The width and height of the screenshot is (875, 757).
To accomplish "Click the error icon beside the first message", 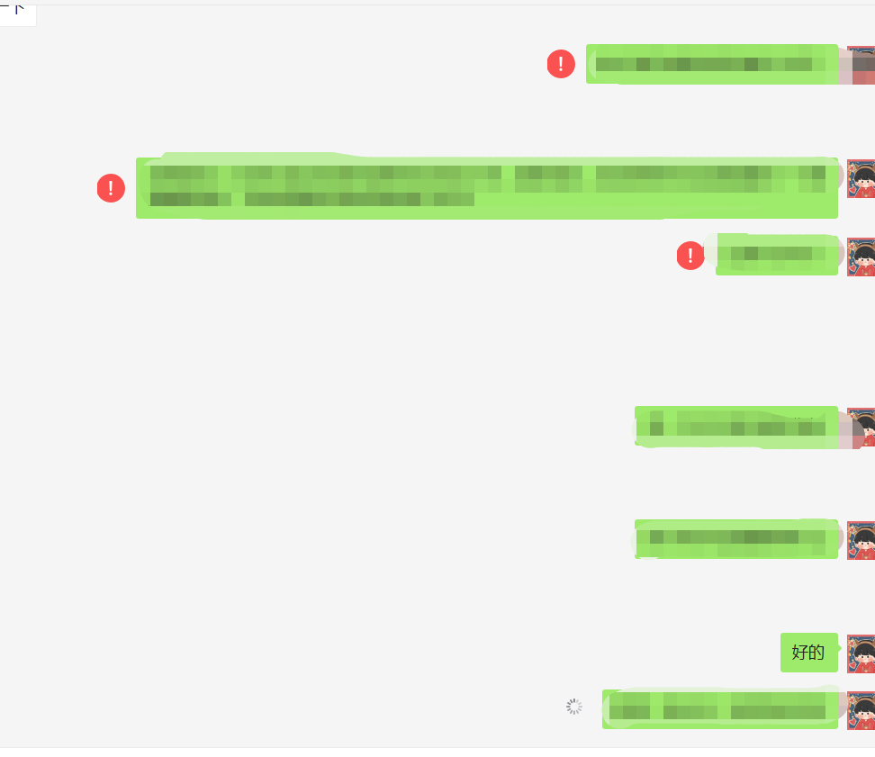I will point(561,64).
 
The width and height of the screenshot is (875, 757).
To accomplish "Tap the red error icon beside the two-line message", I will point(111,188).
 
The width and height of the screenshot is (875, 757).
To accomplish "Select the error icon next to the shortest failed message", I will point(690,256).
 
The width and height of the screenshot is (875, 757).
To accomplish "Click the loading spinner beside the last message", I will point(574,707).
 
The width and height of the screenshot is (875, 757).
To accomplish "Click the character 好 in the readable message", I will point(799,653).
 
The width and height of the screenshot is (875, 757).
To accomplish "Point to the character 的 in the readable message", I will point(816,653).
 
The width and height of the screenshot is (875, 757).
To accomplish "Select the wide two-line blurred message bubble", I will point(486,188).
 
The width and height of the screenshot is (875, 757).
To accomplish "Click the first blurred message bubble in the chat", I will point(711,64).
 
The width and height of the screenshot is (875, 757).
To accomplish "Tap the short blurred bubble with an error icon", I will point(776,256).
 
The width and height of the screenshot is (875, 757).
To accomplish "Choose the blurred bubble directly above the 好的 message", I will point(735,539).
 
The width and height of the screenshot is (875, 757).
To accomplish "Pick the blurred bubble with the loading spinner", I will point(719,708).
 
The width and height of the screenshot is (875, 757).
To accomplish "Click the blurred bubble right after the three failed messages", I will point(735,426).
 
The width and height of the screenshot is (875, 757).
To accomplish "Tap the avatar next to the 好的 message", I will point(861,653).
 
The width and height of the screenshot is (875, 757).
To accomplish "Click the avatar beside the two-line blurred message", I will point(861,178).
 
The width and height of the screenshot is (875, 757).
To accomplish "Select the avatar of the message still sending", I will point(861,710).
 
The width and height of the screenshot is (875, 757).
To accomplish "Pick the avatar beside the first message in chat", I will point(861,65).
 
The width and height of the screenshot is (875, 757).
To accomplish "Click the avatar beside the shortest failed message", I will point(861,257).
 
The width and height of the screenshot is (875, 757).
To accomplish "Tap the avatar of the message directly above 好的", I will point(861,540).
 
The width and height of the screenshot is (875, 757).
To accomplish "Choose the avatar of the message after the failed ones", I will point(861,427).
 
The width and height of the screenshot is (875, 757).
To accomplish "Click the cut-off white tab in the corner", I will point(17,14).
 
